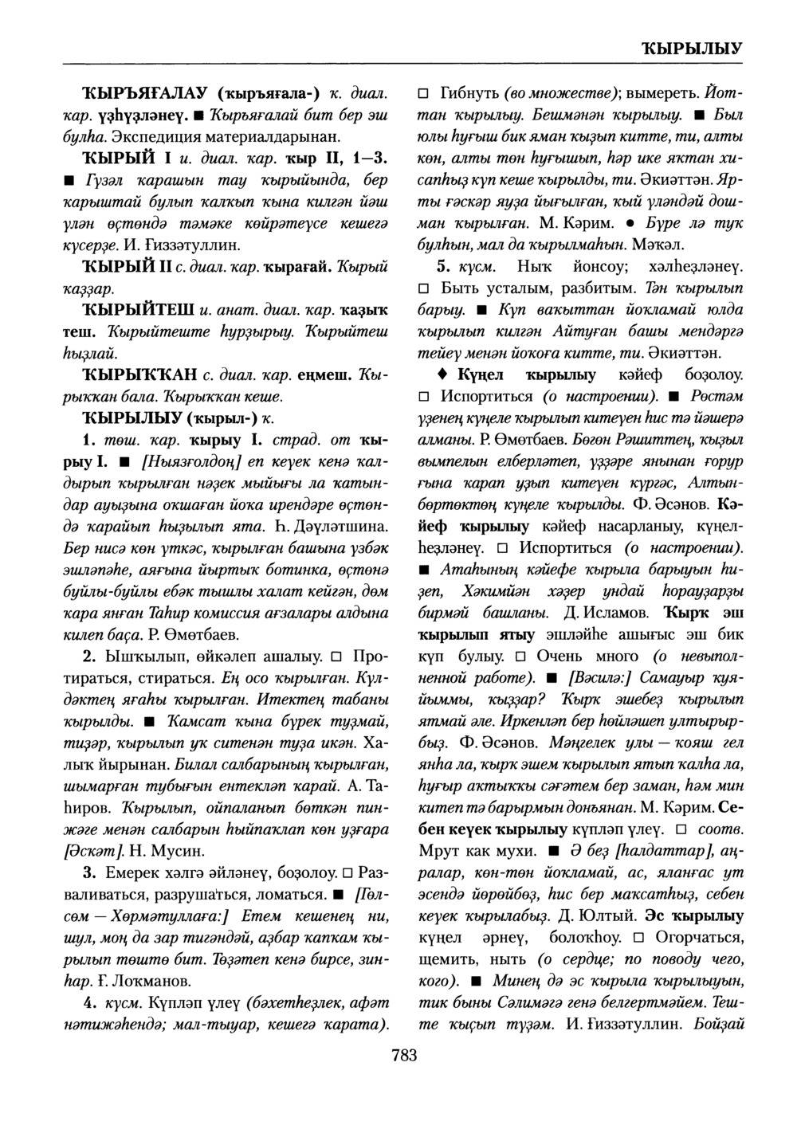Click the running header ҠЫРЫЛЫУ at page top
click(691, 49)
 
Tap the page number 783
click(404, 1056)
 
